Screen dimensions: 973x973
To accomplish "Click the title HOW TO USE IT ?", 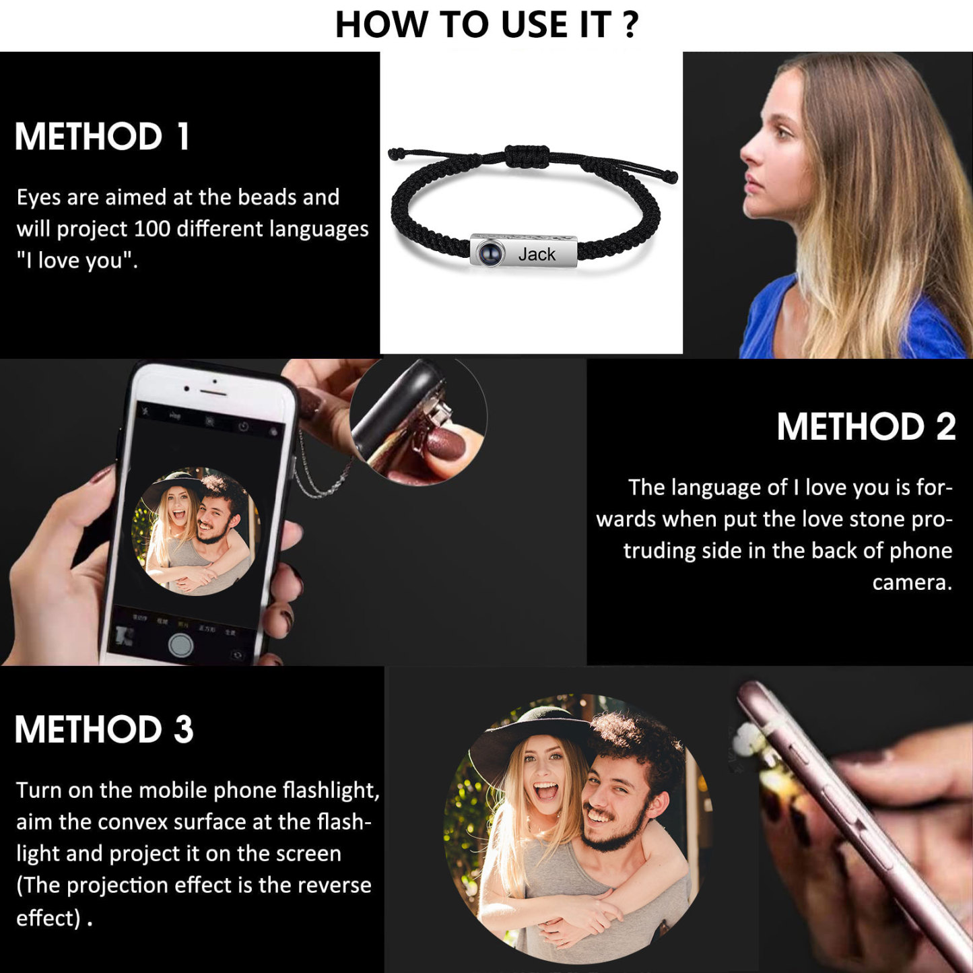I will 486,25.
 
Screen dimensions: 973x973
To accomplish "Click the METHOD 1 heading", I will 102,137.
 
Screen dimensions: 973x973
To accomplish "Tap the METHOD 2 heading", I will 866,427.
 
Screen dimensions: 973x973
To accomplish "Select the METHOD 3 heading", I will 104,729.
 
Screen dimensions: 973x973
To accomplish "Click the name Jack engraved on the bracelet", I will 537,255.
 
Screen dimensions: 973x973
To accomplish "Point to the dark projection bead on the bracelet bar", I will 490,254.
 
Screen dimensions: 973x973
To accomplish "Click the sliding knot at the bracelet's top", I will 527,156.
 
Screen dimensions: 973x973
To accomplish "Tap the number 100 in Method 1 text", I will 152,230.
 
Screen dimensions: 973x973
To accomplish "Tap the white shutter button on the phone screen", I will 180,644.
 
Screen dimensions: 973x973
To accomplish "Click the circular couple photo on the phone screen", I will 196,532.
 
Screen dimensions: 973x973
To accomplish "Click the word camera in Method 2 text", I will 912,582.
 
